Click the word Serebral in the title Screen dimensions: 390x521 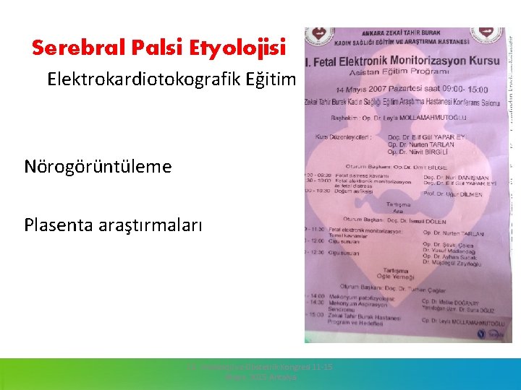(x=69, y=48)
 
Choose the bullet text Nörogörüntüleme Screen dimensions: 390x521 (x=98, y=167)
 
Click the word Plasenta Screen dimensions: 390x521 (x=57, y=225)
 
